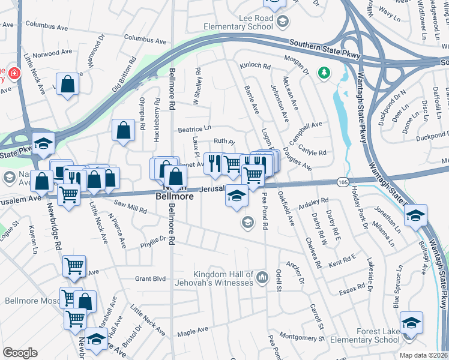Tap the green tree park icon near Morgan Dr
(325, 73)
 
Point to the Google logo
(20, 353)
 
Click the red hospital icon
(13, 74)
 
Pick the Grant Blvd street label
(150, 278)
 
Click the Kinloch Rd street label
(255, 66)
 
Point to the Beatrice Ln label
(194, 128)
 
